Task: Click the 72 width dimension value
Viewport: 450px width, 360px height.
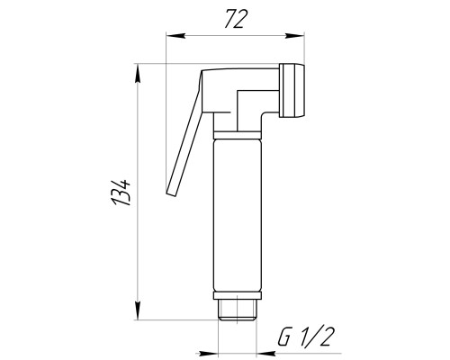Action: tap(236, 19)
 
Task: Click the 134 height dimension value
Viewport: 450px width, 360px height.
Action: tap(121, 193)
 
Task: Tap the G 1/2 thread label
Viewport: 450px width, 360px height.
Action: tap(306, 337)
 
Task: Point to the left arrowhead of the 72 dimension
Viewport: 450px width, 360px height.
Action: tap(175, 36)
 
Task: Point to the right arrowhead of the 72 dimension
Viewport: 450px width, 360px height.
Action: tap(295, 36)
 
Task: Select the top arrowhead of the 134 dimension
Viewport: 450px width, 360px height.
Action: tap(138, 74)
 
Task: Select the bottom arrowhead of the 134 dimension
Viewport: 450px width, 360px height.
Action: tap(138, 310)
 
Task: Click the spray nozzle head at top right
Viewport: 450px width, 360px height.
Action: tap(292, 90)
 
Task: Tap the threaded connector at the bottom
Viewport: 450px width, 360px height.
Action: tap(238, 310)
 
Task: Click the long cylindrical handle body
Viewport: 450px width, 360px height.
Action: tap(238, 215)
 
